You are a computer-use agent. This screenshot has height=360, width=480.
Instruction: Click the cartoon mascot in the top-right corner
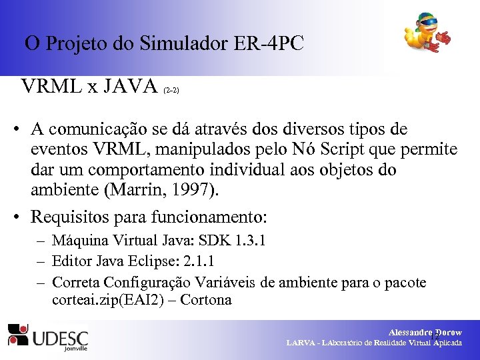(427, 34)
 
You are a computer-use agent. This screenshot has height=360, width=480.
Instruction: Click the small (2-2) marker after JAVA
(171, 89)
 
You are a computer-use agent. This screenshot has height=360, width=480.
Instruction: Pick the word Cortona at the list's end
(206, 300)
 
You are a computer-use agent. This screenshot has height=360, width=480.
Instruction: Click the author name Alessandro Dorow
(425, 332)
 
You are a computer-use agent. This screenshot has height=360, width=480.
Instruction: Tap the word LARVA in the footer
(301, 343)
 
